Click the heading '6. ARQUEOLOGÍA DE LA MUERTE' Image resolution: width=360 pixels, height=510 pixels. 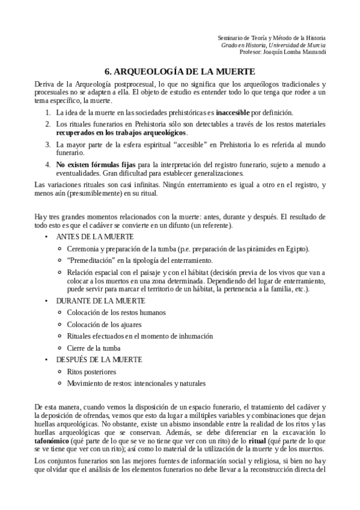180,70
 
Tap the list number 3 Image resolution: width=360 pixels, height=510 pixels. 48,145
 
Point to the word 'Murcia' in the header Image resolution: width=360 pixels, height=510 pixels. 315,45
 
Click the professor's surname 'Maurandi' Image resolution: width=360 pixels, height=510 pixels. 310,52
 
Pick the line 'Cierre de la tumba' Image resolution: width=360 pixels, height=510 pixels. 94,348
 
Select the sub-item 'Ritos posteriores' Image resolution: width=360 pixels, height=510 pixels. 92,371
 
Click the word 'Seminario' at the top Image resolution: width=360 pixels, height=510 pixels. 231,37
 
